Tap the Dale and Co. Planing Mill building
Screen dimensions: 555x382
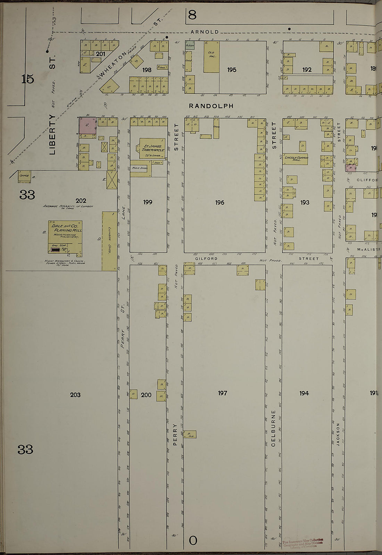[x=65, y=236]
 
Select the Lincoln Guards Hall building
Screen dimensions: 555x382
[x=296, y=159]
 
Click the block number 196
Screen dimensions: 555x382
[x=219, y=202]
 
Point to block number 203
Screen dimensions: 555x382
[x=75, y=394]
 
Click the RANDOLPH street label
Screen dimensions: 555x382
[x=211, y=106]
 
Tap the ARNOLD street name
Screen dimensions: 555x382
[x=205, y=32]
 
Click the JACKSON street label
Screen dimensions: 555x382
[x=338, y=434]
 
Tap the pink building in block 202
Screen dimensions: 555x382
[x=88, y=126]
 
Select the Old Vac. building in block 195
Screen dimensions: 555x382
[x=211, y=57]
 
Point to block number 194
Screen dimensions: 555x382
[x=304, y=393]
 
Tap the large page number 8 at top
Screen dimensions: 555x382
[x=192, y=15]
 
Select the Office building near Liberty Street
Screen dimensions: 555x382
[x=24, y=176]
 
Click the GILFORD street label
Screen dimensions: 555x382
[x=206, y=259]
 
